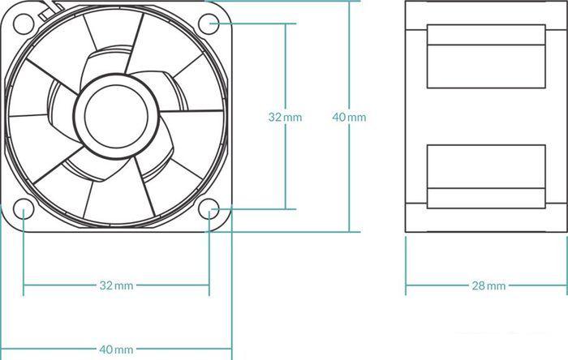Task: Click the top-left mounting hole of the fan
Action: (24, 24)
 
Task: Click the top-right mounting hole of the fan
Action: (209, 24)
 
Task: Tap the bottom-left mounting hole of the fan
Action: (24, 209)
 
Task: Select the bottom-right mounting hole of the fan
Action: (209, 209)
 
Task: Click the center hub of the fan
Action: (116, 116)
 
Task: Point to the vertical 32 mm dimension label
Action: (285, 118)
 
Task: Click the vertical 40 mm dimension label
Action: (349, 118)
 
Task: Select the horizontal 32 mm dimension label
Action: (116, 285)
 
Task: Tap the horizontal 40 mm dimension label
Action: (116, 349)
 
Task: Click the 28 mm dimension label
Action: (488, 286)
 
